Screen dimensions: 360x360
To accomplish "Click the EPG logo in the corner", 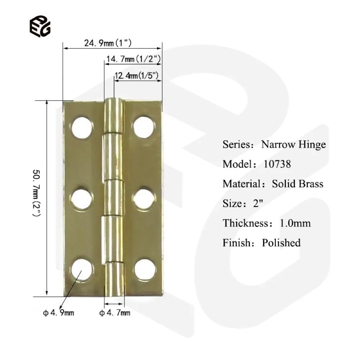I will [x=40, y=26].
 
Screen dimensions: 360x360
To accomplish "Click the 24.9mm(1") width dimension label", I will [x=108, y=44].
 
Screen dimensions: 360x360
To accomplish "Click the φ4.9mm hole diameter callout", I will [x=59, y=313].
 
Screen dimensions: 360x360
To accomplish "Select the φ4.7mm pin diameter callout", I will [x=115, y=313].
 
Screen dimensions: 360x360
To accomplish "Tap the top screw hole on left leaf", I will [x=82, y=127].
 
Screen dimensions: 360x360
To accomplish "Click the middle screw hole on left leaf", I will [x=82, y=198].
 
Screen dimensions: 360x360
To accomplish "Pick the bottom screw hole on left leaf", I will [x=82, y=269].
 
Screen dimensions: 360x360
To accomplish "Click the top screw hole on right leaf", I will [x=143, y=127].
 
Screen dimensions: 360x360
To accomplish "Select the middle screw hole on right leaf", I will [x=143, y=198].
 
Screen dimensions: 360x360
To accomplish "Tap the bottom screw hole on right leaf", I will [x=144, y=269].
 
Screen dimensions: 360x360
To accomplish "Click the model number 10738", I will [x=277, y=164].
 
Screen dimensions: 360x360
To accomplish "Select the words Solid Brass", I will [x=297, y=184].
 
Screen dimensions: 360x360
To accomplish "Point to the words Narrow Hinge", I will [x=293, y=145].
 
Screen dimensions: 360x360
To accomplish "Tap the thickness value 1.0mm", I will [x=295, y=223].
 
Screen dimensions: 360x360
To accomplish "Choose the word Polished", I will [x=281, y=243].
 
